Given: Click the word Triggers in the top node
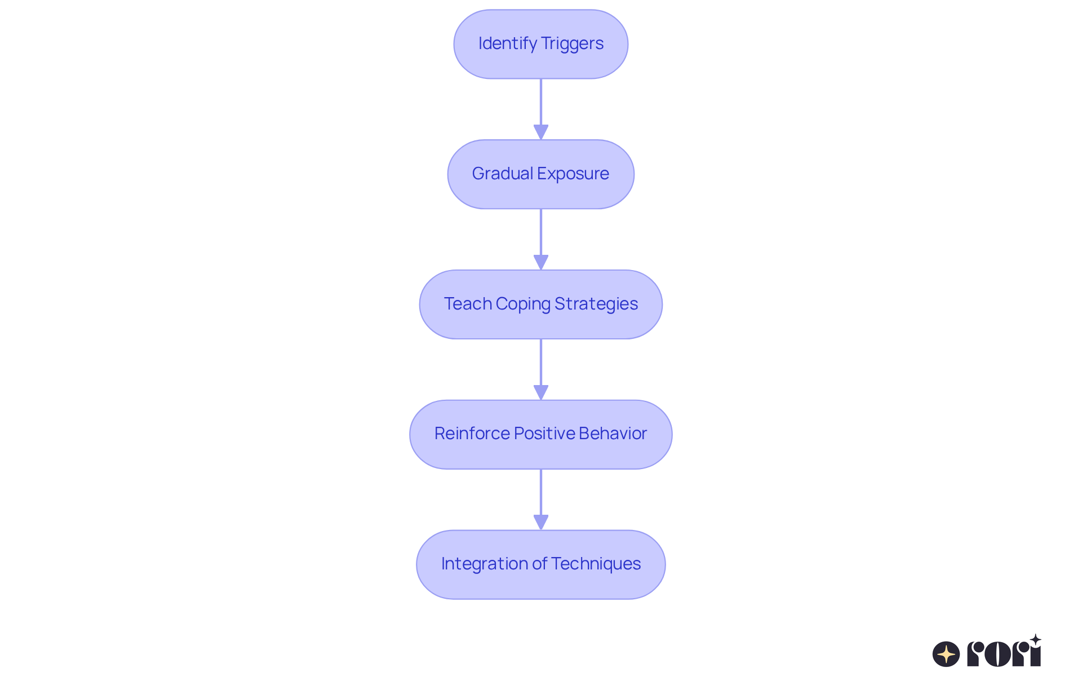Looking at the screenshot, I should (x=572, y=44).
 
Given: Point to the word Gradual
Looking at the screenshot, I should (x=502, y=174).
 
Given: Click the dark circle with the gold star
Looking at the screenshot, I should (x=946, y=654).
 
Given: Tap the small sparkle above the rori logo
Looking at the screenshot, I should (x=1035, y=639).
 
